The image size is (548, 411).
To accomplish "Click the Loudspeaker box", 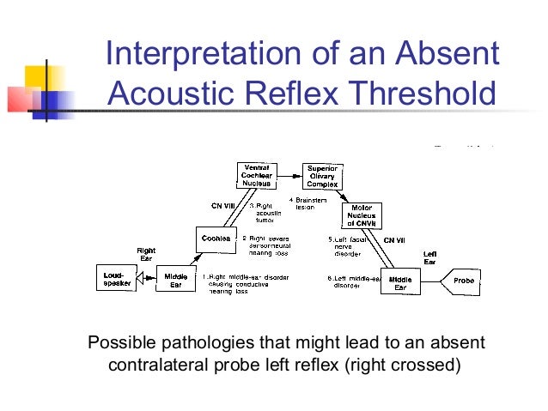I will tap(116, 278).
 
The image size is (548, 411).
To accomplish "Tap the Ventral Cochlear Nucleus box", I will tap(259, 176).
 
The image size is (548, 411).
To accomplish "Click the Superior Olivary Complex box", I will tap(323, 176).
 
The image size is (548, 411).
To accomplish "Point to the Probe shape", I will tap(461, 279).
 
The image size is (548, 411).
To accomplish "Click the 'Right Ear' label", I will tap(146, 255).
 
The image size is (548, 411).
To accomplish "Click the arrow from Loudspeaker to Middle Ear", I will tap(146, 278).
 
